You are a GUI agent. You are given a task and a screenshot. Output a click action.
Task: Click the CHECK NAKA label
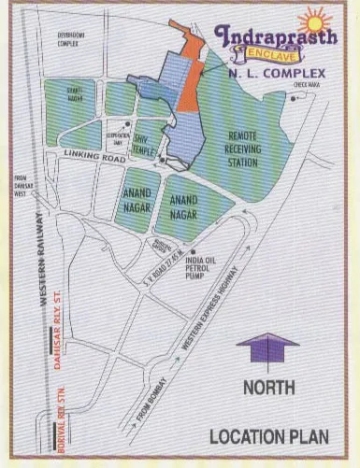[x=305, y=85]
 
